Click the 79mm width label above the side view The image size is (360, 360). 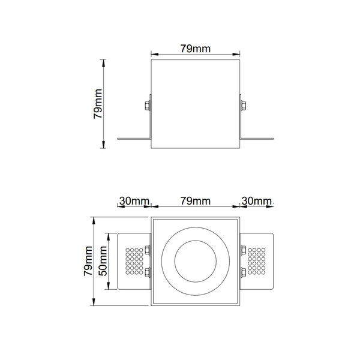[195, 48]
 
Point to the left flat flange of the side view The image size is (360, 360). [133, 139]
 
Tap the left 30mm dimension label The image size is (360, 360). [133, 200]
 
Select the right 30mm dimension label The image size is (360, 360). [256, 200]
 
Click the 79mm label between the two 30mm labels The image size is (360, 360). [195, 200]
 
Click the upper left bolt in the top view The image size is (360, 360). [146, 250]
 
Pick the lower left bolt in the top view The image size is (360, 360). [146, 274]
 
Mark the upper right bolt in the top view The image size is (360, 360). [244, 250]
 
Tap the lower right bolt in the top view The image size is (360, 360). [244, 274]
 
